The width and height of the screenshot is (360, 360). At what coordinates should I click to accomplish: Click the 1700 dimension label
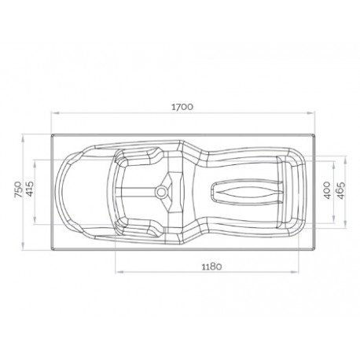[182, 107]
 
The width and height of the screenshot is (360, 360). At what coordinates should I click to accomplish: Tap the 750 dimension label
[19, 189]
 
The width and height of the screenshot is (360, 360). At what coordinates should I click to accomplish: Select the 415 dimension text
[30, 189]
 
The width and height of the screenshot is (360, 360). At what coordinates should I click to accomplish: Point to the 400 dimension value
[327, 190]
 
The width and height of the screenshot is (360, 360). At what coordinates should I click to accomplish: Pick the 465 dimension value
[340, 190]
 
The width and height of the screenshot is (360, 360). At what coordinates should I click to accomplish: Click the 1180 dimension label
[211, 266]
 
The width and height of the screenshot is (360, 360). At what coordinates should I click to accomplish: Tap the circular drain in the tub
[160, 192]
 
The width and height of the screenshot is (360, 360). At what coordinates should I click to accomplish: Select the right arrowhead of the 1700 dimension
[310, 113]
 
